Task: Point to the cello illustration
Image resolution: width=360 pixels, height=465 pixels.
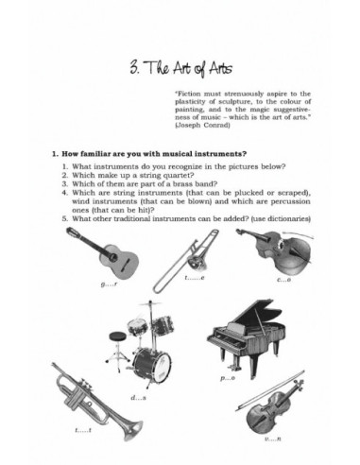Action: [281, 250]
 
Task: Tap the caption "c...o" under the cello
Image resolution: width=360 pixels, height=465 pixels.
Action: [283, 281]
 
